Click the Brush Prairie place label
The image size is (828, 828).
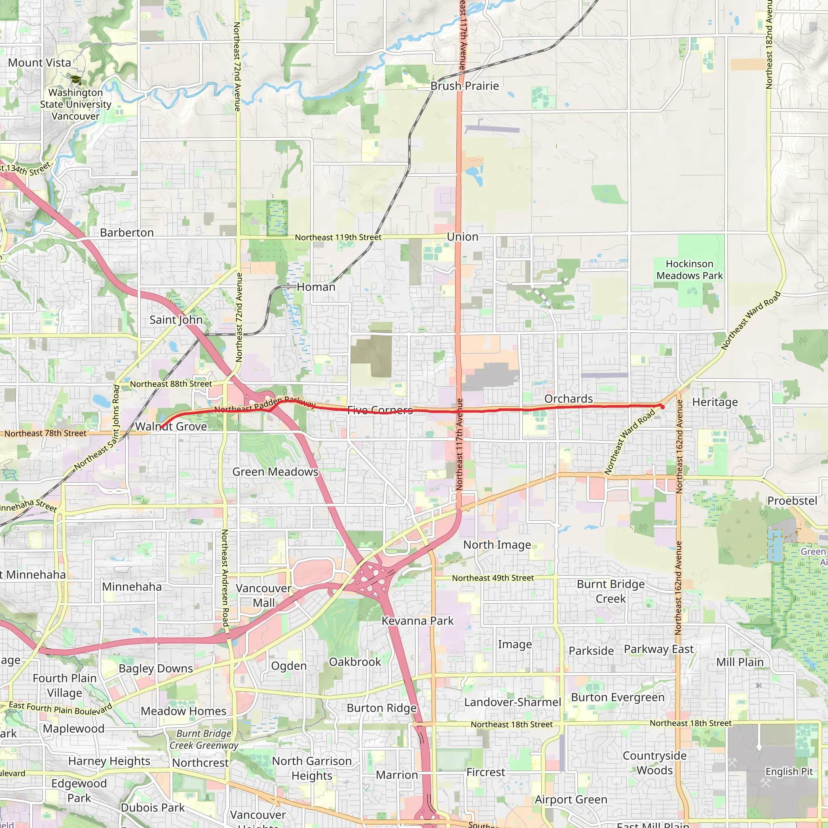click(x=465, y=86)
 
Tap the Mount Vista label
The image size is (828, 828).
click(x=40, y=63)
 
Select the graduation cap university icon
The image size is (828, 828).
click(x=76, y=80)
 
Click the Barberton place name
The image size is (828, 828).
click(x=127, y=233)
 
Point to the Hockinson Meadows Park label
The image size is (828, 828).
click(x=689, y=270)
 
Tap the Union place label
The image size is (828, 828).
click(x=463, y=237)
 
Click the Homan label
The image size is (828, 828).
click(x=316, y=287)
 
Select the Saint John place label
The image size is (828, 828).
click(x=176, y=320)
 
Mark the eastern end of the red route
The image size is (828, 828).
click(x=663, y=407)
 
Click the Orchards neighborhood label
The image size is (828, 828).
click(x=568, y=399)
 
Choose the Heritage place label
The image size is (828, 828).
click(x=715, y=402)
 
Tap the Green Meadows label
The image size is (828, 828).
click(x=275, y=472)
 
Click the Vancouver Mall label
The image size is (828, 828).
click(x=264, y=596)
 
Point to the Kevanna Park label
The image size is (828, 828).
click(x=417, y=621)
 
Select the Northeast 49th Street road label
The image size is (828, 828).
click(x=493, y=578)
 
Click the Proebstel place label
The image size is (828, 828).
click(x=792, y=501)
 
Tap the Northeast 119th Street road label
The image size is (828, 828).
click(x=338, y=237)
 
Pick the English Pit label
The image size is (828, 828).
click(x=789, y=771)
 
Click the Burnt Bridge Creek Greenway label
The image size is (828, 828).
click(x=204, y=739)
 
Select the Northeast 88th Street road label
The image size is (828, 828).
click(x=171, y=384)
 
